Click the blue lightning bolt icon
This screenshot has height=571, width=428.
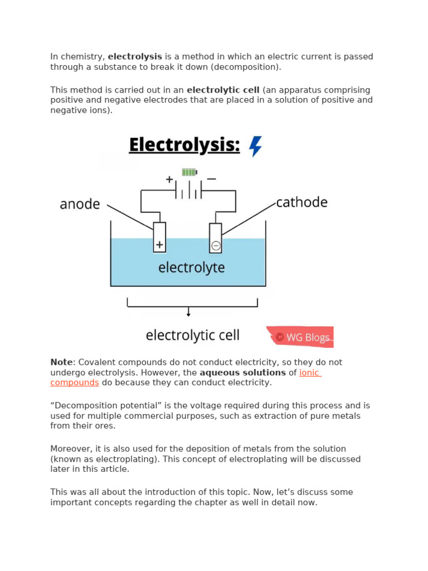(255, 146)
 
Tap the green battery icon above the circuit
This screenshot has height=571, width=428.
(189, 172)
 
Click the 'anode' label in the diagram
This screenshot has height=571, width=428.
(80, 204)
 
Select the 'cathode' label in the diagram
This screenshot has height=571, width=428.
(302, 202)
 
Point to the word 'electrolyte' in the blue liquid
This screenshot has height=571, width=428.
(191, 268)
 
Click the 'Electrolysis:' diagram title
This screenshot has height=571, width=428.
(184, 145)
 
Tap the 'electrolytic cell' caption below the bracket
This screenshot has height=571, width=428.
(192, 335)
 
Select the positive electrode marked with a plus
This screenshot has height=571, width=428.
(159, 238)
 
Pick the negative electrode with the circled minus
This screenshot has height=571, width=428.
(216, 238)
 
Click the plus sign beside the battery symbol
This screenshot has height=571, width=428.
(169, 180)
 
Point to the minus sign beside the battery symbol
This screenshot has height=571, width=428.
(211, 180)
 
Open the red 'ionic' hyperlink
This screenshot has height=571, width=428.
(310, 372)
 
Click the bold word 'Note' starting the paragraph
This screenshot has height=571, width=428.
(61, 362)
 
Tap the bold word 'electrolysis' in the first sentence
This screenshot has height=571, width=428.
(135, 56)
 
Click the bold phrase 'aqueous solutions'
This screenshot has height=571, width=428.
(242, 372)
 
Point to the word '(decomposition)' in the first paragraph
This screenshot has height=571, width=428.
(249, 67)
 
